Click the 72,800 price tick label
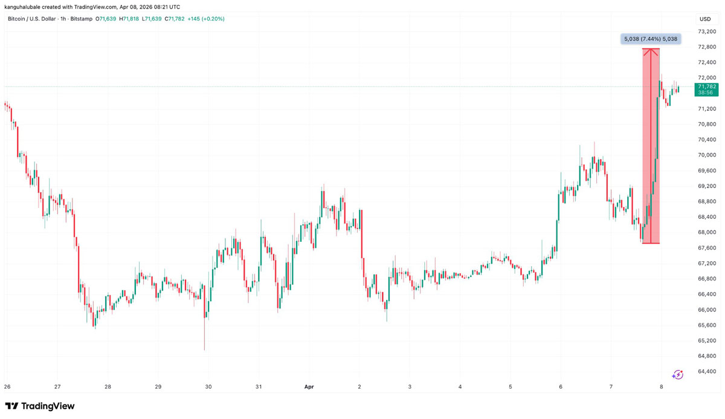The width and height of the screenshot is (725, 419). [707, 47]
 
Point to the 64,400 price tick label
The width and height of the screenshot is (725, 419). [707, 371]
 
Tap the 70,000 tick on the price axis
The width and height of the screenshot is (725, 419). [707, 155]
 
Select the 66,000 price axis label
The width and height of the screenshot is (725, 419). [707, 310]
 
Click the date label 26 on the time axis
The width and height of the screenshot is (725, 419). [7, 387]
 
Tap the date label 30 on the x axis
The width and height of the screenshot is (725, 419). [208, 387]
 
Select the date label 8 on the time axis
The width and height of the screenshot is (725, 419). [662, 387]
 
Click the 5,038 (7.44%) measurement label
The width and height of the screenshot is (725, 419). [651, 39]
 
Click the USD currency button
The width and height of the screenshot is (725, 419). [705, 19]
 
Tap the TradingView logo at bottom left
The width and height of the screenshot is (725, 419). [40, 406]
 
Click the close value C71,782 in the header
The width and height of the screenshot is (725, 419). [175, 19]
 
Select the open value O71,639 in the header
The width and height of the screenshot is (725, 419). [106, 19]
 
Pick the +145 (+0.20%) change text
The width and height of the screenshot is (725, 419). [206, 19]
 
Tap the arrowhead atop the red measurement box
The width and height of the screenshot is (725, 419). [651, 51]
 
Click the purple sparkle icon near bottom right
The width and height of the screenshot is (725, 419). [678, 375]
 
